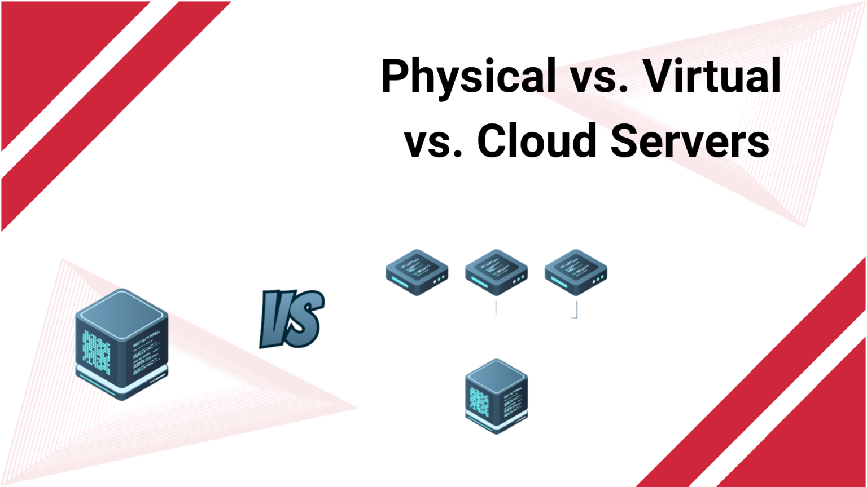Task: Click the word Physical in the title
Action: [x=468, y=76]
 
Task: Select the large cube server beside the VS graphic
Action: [x=122, y=344]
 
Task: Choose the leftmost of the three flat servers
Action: [x=417, y=272]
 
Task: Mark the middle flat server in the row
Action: [x=496, y=272]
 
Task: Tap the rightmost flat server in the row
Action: [x=576, y=272]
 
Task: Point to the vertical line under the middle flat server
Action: [x=496, y=309]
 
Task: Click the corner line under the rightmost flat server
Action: [x=576, y=312]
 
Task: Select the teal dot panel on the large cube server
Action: [x=97, y=349]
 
